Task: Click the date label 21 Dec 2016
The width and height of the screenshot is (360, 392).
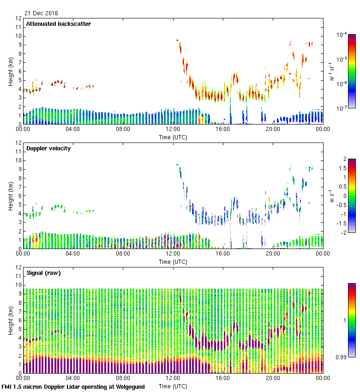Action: coord(41,13)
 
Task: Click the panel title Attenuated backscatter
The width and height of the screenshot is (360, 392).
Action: coord(58,24)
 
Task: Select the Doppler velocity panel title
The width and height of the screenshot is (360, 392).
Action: coord(48,148)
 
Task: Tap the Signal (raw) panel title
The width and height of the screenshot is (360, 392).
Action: coord(43,273)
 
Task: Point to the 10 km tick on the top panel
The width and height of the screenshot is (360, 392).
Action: coord(19,36)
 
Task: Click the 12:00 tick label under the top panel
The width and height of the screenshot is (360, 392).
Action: coord(173,130)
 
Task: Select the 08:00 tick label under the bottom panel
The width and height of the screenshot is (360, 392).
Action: coord(123,379)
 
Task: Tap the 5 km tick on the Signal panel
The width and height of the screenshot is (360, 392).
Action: coord(19,329)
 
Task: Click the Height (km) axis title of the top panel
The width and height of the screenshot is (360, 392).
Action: coord(10,71)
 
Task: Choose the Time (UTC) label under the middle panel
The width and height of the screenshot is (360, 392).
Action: coord(173,261)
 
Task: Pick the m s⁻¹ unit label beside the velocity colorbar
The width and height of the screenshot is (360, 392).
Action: coord(331,196)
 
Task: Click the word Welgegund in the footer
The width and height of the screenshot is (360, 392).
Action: coord(130,387)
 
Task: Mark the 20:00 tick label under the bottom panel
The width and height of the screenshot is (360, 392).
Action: coord(273,379)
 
